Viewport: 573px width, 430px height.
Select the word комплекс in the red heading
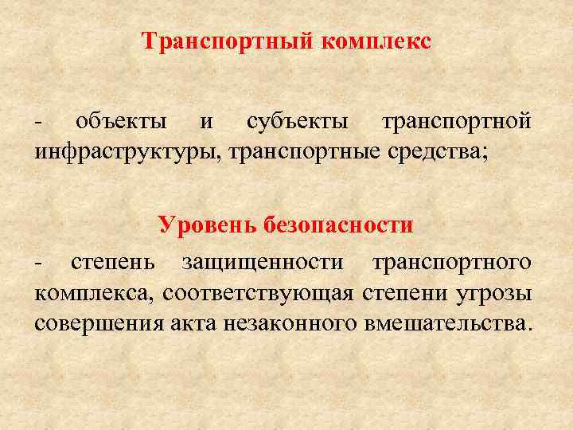376,42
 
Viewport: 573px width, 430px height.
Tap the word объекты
121,122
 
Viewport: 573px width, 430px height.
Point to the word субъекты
297,122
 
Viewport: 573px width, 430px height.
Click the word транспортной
456,122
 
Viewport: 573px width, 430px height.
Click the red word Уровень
203,225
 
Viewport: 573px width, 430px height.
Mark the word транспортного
452,262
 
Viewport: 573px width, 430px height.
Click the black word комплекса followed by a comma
95,292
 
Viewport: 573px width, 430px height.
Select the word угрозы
493,292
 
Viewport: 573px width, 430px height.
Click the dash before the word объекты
38,123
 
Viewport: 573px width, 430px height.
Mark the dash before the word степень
38,264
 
